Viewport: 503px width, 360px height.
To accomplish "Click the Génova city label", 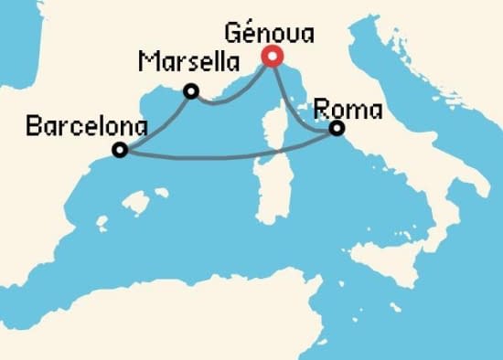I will [x=270, y=36].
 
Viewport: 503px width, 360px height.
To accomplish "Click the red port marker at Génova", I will [x=271, y=57].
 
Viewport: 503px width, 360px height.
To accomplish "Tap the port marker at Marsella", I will [x=191, y=90].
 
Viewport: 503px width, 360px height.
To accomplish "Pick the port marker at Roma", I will [x=337, y=129].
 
